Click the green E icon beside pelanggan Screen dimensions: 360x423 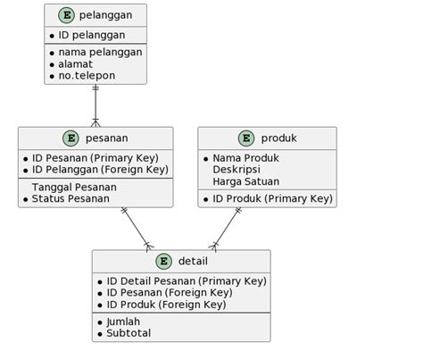[x=66, y=15]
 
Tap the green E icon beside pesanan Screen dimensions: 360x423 [x=72, y=138]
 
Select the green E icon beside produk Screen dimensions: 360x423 [x=246, y=138]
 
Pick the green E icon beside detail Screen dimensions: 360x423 [x=164, y=261]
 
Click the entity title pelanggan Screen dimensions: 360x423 [x=105, y=15]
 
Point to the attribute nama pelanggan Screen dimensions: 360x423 [x=100, y=52]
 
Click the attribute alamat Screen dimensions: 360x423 [x=76, y=64]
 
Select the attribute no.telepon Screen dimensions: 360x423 [x=87, y=76]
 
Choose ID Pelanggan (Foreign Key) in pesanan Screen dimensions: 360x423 [x=100, y=170]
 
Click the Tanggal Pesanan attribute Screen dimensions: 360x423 [x=74, y=187]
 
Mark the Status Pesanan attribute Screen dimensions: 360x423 [x=70, y=198]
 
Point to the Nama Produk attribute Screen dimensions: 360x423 [x=245, y=158]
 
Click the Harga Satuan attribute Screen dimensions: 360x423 [x=246, y=181]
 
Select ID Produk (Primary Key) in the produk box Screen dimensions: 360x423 [x=272, y=198]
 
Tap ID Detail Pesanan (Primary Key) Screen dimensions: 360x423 [x=186, y=280]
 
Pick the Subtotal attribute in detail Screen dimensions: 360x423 [x=129, y=333]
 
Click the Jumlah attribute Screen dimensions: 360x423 [x=123, y=322]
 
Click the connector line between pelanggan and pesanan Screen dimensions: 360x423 [x=95, y=105]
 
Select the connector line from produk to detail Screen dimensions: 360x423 [x=227, y=228]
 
